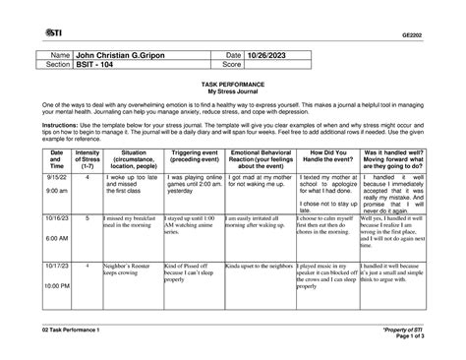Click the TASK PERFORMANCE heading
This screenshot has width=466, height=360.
coord(233,87)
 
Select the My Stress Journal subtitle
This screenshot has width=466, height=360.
coord(233,93)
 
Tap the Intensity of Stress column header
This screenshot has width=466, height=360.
coord(87,159)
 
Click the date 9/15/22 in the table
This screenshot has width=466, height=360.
coord(56,177)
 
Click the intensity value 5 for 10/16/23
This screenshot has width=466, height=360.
coord(87,216)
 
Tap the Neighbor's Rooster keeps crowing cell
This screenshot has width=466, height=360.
coord(128,270)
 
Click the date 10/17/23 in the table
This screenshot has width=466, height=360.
coord(56,266)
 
